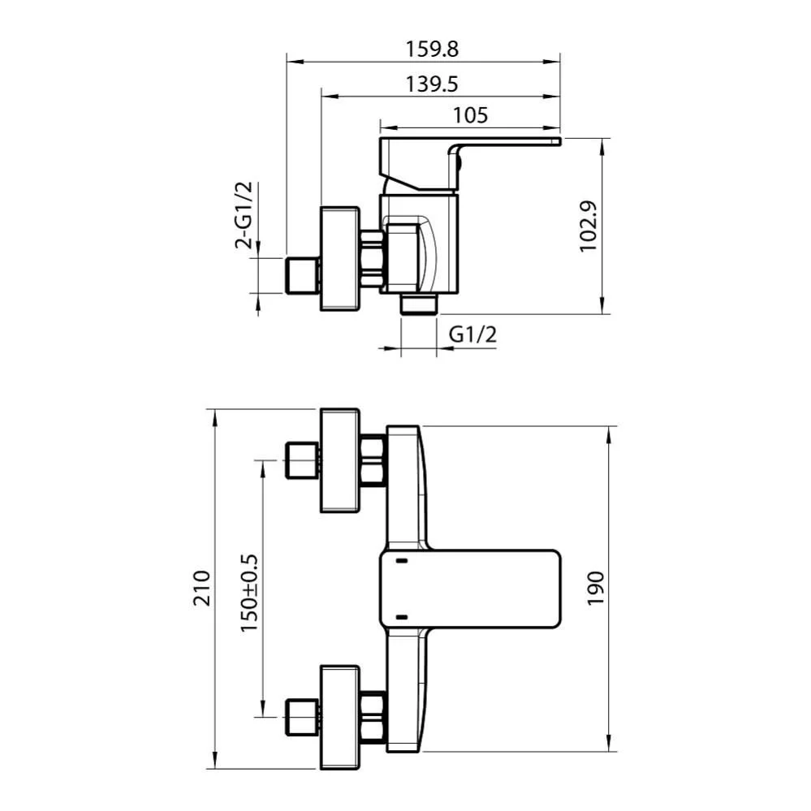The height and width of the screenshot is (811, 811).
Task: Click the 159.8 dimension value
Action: [x=432, y=50]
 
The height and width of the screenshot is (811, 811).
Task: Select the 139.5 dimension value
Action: [x=432, y=84]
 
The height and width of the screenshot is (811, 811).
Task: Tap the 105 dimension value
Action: [x=470, y=115]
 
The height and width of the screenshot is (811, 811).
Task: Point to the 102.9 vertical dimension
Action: [x=588, y=226]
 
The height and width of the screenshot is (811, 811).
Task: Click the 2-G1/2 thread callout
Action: [x=244, y=215]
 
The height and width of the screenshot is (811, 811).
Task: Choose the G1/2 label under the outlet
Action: [x=472, y=334]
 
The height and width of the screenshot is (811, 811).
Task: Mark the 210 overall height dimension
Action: [x=201, y=588]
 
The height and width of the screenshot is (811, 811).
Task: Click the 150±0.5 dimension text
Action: [x=248, y=593]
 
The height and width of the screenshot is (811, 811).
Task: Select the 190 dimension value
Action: [x=596, y=588]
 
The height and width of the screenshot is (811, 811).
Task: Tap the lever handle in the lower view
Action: [x=470, y=589]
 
